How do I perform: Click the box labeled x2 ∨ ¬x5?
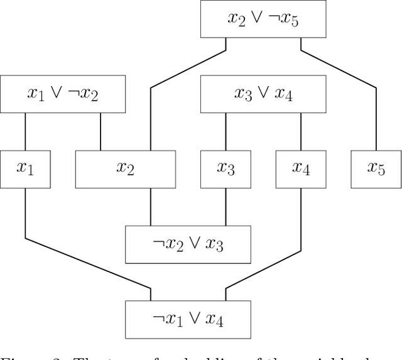click(263, 19)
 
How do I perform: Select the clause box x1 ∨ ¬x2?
click(63, 94)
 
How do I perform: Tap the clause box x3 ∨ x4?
click(263, 94)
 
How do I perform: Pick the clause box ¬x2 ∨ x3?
click(188, 244)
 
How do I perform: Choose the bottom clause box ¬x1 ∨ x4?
click(188, 320)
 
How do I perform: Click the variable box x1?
click(25, 169)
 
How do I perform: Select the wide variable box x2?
click(126, 169)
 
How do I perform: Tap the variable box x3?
click(226, 169)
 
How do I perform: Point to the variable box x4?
click(301, 169)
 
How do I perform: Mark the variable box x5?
click(376, 169)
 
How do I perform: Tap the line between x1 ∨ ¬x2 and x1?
click(25, 132)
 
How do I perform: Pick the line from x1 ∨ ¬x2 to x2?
click(100, 132)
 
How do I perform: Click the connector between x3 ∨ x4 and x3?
click(226, 132)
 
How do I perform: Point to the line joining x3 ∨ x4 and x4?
click(301, 132)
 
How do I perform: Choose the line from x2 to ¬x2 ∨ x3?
click(151, 207)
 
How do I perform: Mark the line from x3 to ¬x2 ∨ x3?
click(226, 207)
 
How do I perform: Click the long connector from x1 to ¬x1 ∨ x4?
click(88, 264)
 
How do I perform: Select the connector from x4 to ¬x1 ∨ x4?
click(301, 239)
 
